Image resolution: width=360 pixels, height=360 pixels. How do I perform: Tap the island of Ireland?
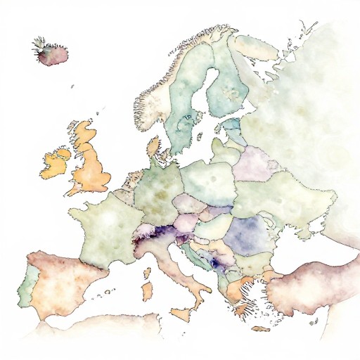pyautogui.click(x=56, y=163)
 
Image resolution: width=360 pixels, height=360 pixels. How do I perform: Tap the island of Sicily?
pyautogui.click(x=181, y=313)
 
